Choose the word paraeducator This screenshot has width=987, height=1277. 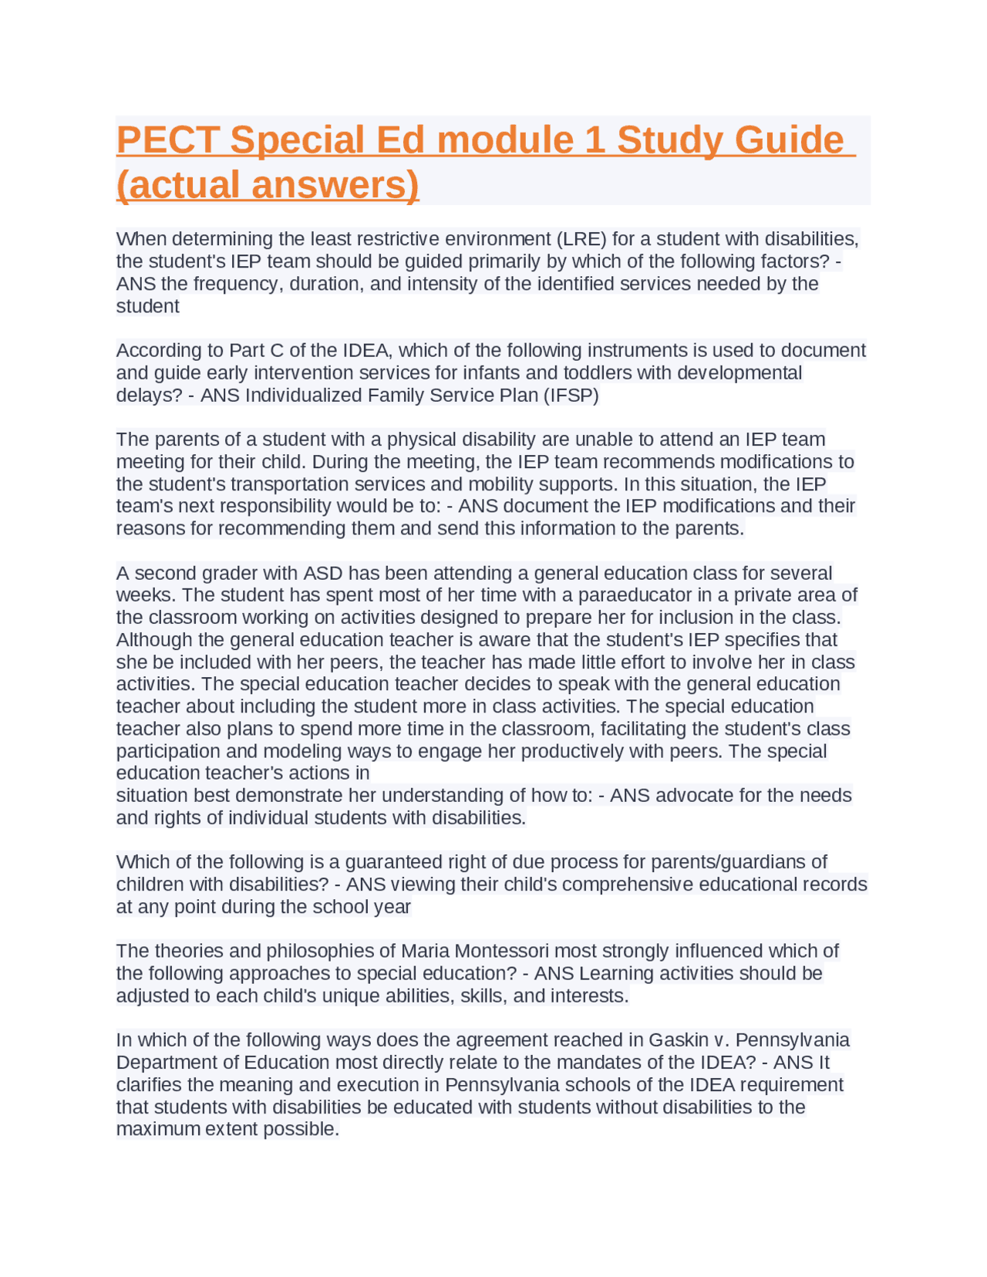point(638,595)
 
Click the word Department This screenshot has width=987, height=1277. point(163,1063)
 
